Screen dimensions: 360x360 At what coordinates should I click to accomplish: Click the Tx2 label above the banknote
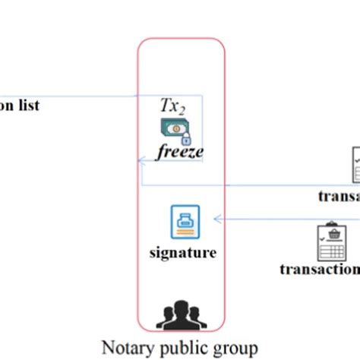(172, 107)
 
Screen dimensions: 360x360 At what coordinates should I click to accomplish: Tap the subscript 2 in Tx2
(182, 111)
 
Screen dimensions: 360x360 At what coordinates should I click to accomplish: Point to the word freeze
(180, 153)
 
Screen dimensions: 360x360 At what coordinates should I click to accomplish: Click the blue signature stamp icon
(182, 221)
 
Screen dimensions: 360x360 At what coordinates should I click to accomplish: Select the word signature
(182, 252)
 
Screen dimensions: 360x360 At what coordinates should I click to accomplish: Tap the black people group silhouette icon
(181, 314)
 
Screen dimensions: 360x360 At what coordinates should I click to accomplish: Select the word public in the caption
(179, 348)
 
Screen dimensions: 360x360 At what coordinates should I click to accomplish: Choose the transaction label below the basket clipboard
(319, 268)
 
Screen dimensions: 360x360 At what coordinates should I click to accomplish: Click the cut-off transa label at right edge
(339, 196)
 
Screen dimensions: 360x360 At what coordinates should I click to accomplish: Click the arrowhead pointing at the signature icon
(217, 219)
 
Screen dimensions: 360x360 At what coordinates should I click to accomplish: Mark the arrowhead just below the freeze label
(141, 160)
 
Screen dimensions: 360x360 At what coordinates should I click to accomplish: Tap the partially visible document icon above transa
(355, 165)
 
